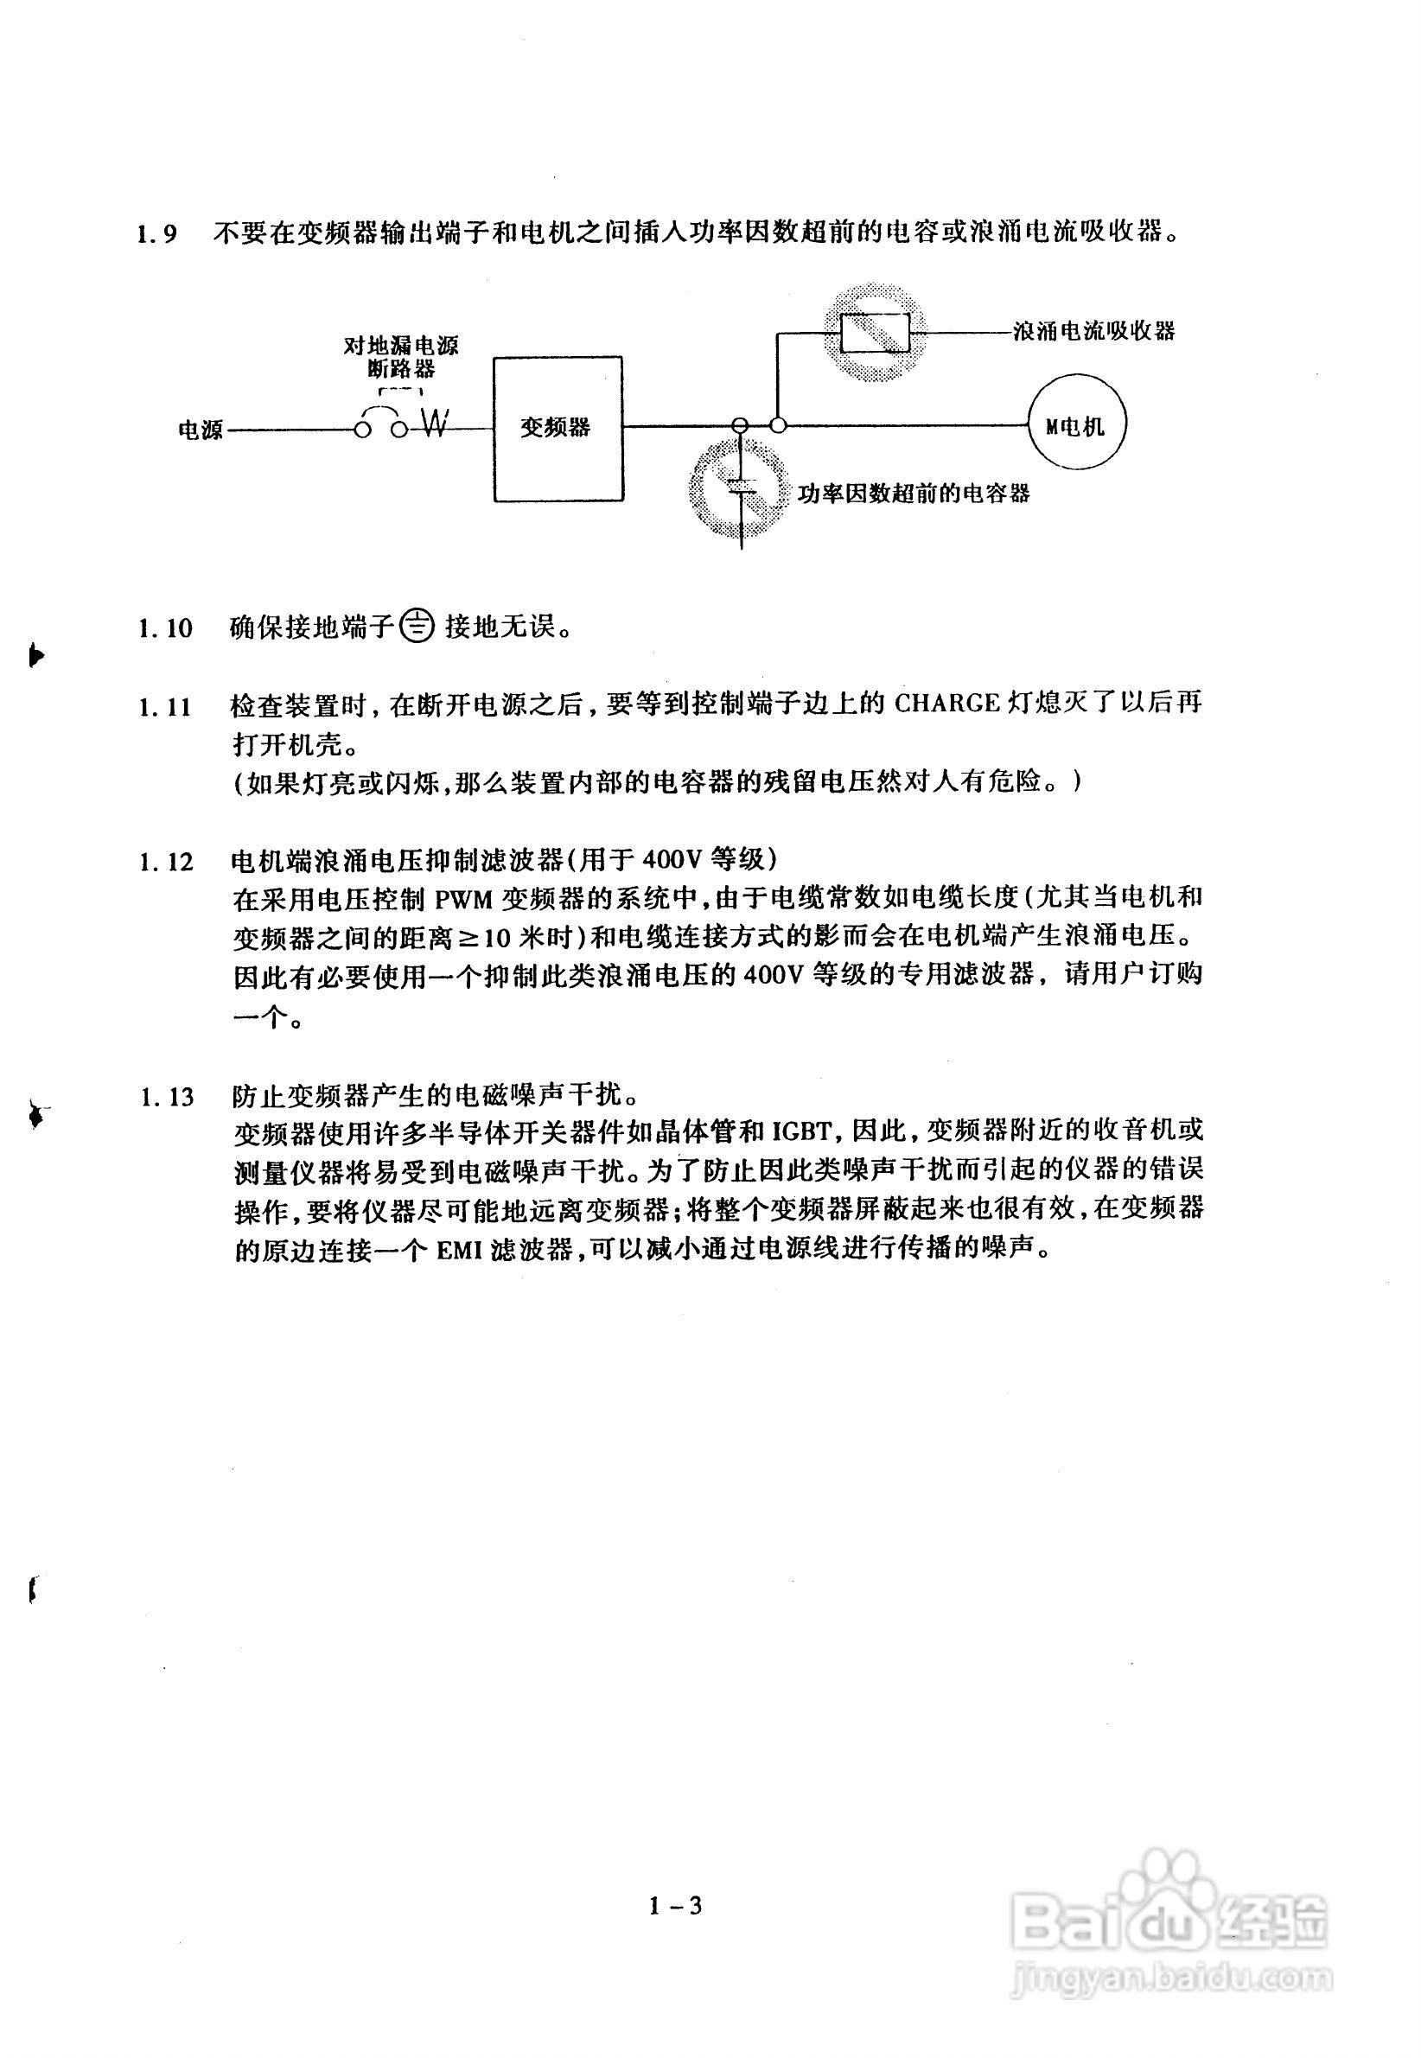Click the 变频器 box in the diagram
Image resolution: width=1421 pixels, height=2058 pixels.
(x=558, y=428)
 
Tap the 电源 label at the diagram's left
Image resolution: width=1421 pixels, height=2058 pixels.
(x=201, y=430)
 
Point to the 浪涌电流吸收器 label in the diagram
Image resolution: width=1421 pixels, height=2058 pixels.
(x=1093, y=331)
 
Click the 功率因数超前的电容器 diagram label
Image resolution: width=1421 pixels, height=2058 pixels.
(x=913, y=494)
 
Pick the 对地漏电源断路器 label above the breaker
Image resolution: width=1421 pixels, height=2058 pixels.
(x=401, y=356)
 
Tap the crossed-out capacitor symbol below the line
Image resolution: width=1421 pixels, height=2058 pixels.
(x=739, y=487)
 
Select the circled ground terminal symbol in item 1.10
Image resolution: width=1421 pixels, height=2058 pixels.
(x=416, y=627)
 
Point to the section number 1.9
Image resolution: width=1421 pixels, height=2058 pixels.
(x=157, y=234)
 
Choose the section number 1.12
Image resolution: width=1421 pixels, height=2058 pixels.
(x=166, y=863)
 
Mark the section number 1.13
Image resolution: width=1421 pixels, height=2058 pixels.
(x=166, y=1096)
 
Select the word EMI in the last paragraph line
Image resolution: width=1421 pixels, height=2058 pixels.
(x=464, y=1249)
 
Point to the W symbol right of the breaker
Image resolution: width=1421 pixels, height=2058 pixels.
(x=436, y=424)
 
